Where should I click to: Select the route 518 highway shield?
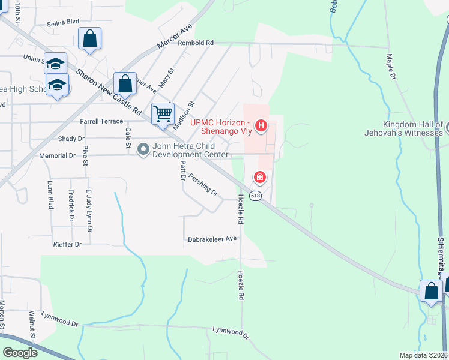point(256,196)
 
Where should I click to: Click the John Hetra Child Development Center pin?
point(143,149)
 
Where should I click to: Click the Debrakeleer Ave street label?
point(213,239)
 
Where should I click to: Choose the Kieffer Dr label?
point(67,245)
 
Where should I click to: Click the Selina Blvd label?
point(63,22)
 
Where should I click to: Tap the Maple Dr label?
point(391,67)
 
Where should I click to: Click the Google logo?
point(20,353)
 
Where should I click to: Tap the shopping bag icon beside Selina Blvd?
point(89,40)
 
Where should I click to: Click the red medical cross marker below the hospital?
point(259,177)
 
